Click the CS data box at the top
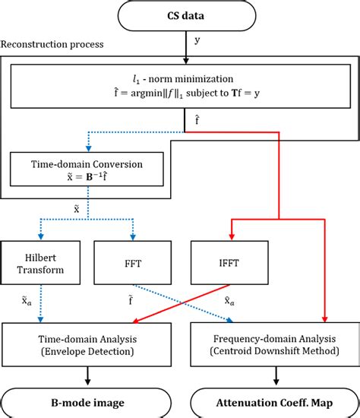click(185, 14)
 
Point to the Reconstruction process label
click(52, 45)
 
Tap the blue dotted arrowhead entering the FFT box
click(134, 238)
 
